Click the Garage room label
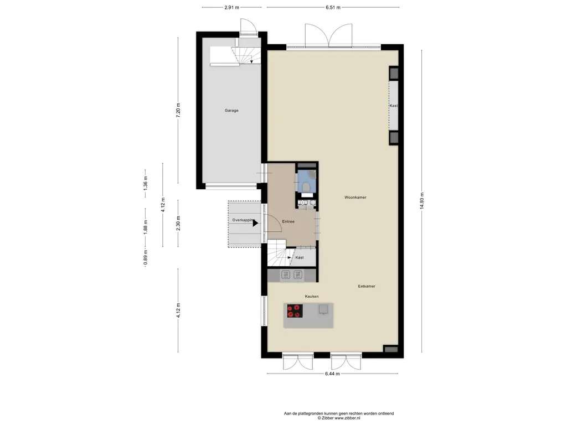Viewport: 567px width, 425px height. coord(231,111)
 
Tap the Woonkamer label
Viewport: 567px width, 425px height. coord(355,198)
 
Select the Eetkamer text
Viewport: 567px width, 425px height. coord(367,286)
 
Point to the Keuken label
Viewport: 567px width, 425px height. coord(312,297)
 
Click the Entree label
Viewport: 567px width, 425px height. coord(288,221)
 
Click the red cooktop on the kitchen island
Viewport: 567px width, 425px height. coord(295,311)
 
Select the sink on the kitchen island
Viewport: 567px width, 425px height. coord(323,309)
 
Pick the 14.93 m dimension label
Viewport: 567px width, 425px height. coord(421,200)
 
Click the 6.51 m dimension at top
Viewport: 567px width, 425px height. coord(333,7)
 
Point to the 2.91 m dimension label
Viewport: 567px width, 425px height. coord(232,7)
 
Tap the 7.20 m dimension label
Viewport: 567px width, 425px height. coord(178,110)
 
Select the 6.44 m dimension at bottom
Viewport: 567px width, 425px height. coord(332,374)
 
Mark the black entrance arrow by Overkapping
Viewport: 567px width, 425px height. coord(255,224)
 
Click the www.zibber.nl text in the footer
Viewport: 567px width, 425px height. coord(347,418)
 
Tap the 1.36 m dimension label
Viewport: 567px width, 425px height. coord(146,183)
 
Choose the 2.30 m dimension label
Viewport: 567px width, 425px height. coord(178,224)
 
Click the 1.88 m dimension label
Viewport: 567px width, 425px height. coord(146,227)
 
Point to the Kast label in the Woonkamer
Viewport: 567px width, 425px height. coord(394,106)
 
